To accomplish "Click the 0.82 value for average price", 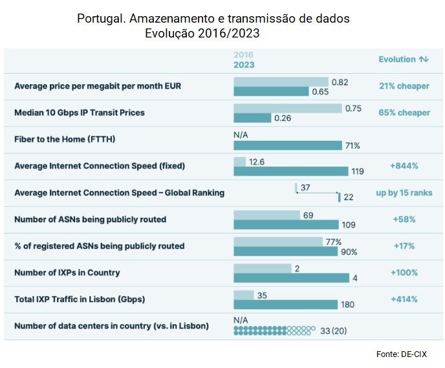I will point(340,82).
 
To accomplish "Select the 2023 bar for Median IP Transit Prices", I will point(252,118).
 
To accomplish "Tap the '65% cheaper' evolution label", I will point(404,113).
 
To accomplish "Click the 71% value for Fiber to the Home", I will point(352,145).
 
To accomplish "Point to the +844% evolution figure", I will point(404,166).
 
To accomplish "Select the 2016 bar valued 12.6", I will point(239,161).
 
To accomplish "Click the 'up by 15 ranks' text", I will point(404,193).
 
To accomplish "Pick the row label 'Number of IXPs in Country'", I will point(67,272).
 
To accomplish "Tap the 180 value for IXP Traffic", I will point(349,305).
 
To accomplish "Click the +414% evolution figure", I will point(404,299).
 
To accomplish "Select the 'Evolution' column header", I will point(397,60).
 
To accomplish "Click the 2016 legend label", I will point(243,55).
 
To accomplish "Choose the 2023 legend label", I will point(244,65).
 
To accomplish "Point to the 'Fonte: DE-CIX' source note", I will point(401,354).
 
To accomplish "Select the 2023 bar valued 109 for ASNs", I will point(286,224).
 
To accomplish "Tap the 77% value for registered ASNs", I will point(334,241).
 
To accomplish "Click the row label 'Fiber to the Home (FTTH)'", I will point(65,139).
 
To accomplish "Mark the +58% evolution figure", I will point(404,219).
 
